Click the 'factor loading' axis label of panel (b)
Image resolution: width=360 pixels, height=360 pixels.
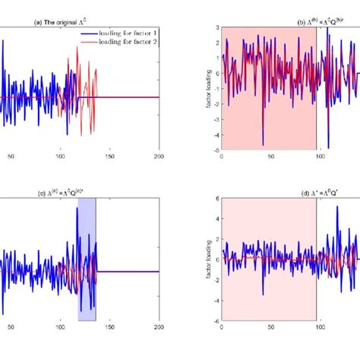pos(207,88)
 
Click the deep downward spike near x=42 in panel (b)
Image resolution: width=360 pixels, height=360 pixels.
pos(263,143)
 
